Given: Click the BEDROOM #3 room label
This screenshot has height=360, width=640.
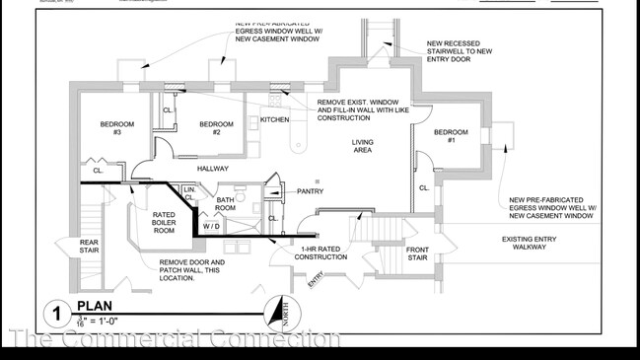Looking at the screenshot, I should pyautogui.click(x=116, y=128).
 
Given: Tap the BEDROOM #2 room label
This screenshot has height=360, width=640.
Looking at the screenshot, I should pyautogui.click(x=216, y=128).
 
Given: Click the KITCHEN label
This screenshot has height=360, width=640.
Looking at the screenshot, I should pyautogui.click(x=275, y=120).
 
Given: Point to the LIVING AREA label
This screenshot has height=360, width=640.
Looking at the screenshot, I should pyautogui.click(x=363, y=146).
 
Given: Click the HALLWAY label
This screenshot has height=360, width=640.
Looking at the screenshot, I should pyautogui.click(x=212, y=169).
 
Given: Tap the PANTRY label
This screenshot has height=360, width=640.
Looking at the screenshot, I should pyautogui.click(x=310, y=191).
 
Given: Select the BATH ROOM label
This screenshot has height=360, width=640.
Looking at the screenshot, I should pyautogui.click(x=226, y=204).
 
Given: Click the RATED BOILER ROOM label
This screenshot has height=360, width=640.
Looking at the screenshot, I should pyautogui.click(x=164, y=223).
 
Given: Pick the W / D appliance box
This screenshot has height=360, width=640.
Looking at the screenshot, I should pyautogui.click(x=212, y=227).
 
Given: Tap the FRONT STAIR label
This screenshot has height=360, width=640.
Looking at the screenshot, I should pyautogui.click(x=417, y=254).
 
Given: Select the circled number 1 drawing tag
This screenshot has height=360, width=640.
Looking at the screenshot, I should pyautogui.click(x=56, y=315).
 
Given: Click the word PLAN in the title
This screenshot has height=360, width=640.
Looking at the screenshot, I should pyautogui.click(x=95, y=306).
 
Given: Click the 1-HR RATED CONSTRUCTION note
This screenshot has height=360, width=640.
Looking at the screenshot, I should pyautogui.click(x=321, y=253).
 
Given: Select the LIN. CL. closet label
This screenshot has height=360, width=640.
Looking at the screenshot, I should pyautogui.click(x=188, y=192).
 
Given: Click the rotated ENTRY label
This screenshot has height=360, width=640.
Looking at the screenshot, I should pyautogui.click(x=315, y=280).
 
